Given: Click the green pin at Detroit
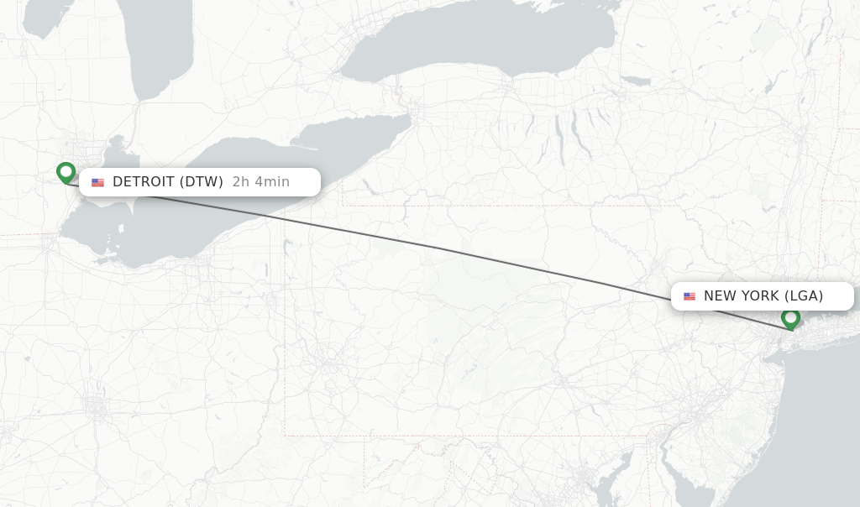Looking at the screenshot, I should (x=66, y=172).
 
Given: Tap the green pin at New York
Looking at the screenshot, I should (x=789, y=318).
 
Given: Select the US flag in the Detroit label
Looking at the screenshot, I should (x=98, y=182).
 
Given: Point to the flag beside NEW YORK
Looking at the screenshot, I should (x=690, y=296).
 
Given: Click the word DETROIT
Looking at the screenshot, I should (x=144, y=182).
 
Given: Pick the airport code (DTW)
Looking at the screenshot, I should (x=202, y=182).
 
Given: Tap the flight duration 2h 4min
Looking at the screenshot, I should (x=261, y=182).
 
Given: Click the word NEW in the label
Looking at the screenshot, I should (x=720, y=296).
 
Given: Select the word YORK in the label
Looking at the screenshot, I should (x=759, y=296).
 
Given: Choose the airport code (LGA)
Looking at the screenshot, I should (x=804, y=296).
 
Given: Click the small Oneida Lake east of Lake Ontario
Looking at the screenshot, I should (x=636, y=81).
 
